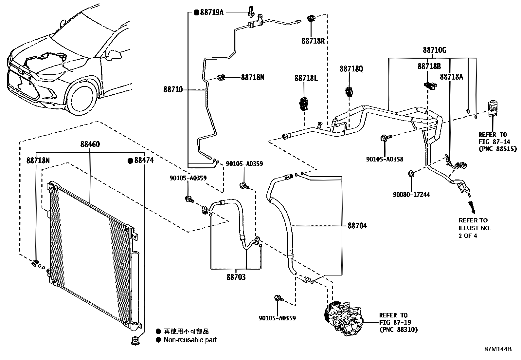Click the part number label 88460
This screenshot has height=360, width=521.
[x=90, y=144]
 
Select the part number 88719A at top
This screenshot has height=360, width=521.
[x=211, y=12]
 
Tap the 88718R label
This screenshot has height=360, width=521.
[x=313, y=41]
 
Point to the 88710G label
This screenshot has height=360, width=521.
[x=434, y=50]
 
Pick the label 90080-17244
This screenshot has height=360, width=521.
[x=411, y=195]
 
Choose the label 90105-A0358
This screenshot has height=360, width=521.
[x=385, y=159]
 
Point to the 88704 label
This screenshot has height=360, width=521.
[x=357, y=226]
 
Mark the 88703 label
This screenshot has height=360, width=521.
[x=236, y=277]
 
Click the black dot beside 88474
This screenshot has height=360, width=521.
[x=130, y=161]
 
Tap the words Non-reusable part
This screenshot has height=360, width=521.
[x=190, y=340]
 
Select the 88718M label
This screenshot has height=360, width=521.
[x=252, y=77]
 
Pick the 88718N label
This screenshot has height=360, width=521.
[x=38, y=160]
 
